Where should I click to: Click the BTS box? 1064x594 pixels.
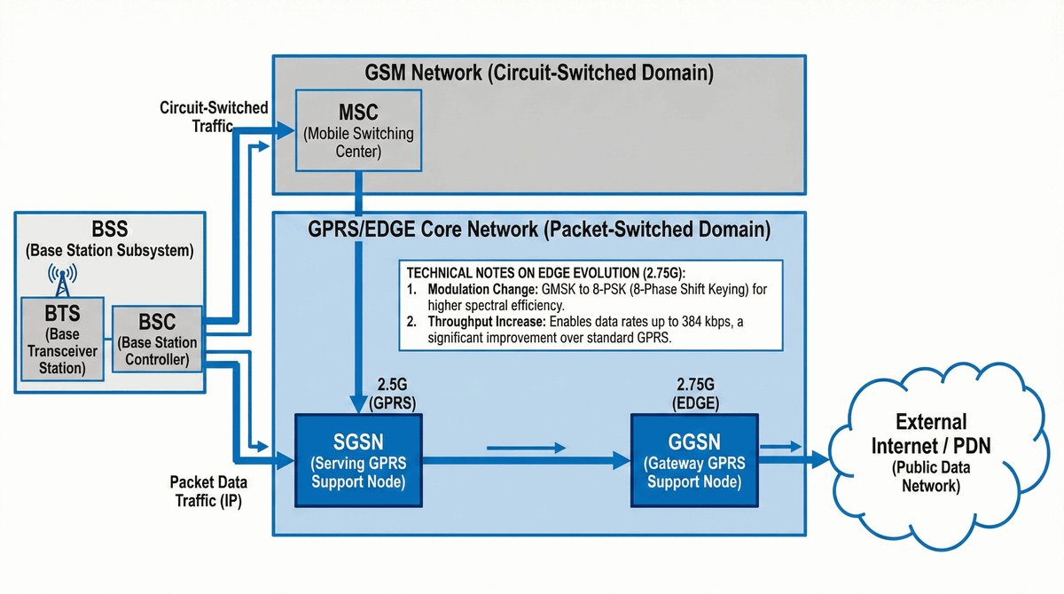61,336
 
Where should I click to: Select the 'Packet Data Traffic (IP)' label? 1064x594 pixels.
209,490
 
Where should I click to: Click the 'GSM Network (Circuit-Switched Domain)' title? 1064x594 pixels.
539,72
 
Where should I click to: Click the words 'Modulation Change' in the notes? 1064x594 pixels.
476,290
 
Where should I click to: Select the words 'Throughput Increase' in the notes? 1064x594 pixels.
482,321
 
